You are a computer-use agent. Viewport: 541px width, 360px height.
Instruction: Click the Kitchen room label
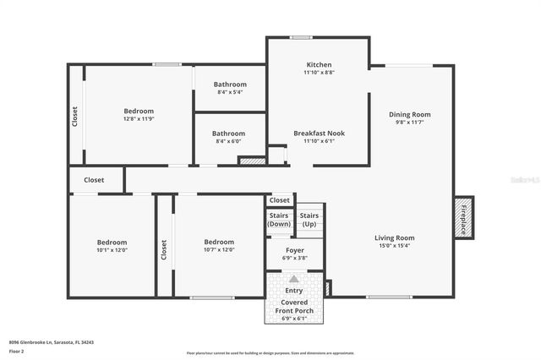(319, 65)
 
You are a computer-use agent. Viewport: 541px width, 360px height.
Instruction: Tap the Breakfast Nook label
(319, 133)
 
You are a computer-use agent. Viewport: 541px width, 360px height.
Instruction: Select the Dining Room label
(409, 115)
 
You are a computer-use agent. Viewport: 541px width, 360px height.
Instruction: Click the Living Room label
(394, 237)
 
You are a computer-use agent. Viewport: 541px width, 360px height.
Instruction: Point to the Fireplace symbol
(463, 218)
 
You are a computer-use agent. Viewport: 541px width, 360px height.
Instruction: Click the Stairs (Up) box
(309, 220)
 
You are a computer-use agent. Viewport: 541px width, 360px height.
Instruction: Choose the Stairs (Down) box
(279, 220)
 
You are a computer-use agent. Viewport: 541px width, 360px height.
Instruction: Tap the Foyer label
(295, 250)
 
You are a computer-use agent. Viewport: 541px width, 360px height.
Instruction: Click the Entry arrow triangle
(293, 278)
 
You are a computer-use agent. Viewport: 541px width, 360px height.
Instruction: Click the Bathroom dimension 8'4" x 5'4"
(230, 92)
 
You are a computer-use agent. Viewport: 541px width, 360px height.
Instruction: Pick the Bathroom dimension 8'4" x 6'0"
(229, 141)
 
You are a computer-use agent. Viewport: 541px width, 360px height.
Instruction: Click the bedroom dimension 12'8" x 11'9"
(139, 119)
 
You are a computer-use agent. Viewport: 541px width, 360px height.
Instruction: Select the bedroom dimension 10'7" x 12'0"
(218, 250)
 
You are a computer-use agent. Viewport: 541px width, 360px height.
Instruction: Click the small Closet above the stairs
(279, 200)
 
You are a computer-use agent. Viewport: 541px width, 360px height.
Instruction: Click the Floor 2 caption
(17, 350)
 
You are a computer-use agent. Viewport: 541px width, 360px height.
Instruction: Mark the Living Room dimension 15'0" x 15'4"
(394, 246)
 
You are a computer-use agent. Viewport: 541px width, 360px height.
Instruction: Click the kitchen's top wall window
(301, 37)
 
